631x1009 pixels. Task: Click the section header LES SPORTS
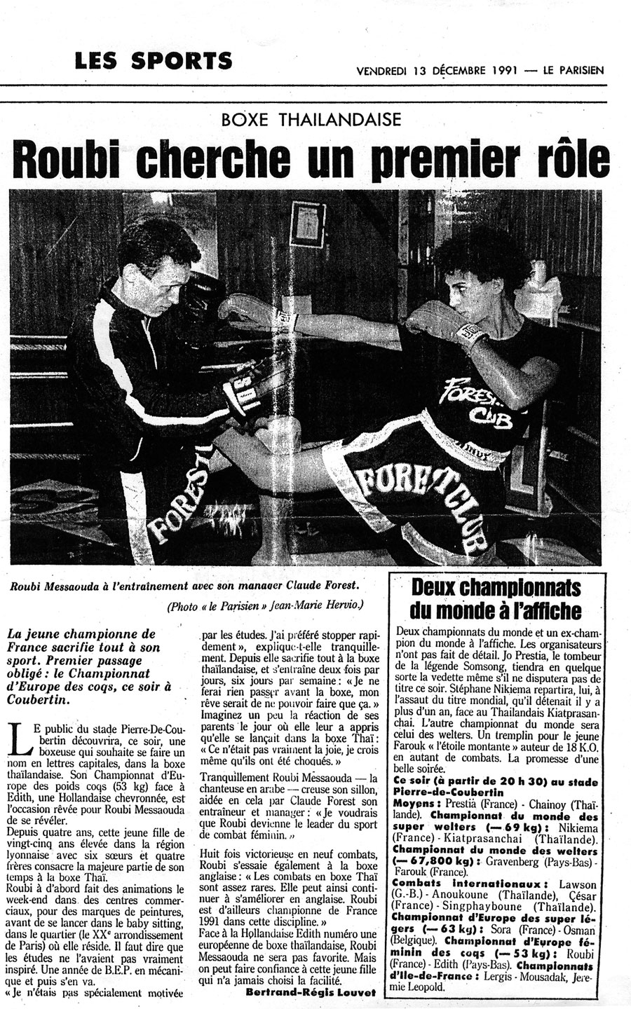(154, 61)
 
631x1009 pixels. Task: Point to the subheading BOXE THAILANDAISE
(311, 118)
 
